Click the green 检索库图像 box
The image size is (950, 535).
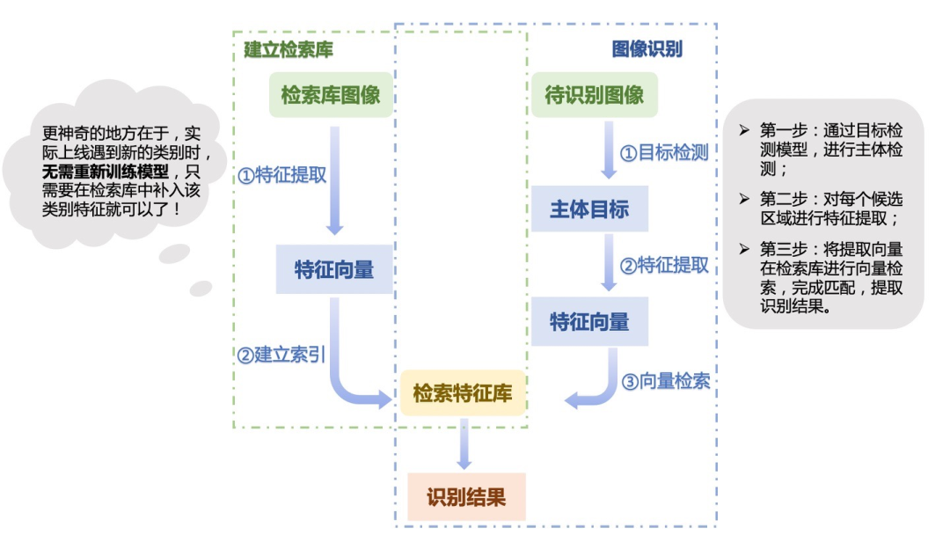331,95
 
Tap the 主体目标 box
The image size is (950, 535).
589,209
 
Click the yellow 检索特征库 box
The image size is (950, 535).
463,392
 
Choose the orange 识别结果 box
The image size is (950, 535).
466,497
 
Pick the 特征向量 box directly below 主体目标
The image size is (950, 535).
589,321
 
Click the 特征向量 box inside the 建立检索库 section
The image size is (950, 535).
333,268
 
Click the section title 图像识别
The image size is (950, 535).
647,49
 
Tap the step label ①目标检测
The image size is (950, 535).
664,152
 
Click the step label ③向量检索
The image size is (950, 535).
665,382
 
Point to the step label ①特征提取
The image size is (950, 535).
282,175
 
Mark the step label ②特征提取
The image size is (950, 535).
664,265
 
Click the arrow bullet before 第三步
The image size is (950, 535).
744,249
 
